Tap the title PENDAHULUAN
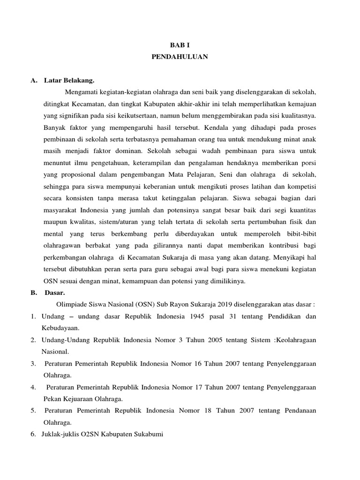[x=180, y=57]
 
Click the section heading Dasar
[x=56, y=292]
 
